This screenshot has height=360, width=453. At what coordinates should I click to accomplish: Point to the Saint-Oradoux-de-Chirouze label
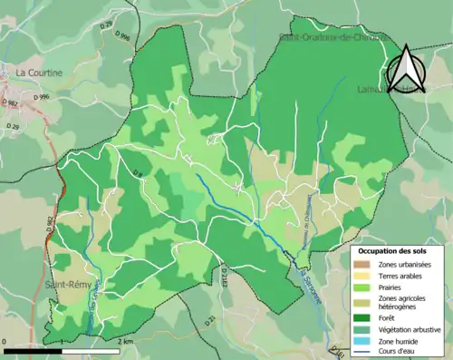333,38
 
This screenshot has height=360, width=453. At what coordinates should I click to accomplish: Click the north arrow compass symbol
404,71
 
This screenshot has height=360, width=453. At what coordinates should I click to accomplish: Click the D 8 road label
138,173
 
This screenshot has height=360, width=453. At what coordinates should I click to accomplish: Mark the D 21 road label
209,319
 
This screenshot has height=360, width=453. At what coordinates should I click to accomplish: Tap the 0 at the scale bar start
5,341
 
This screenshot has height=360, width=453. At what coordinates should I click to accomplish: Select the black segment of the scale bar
35,349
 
